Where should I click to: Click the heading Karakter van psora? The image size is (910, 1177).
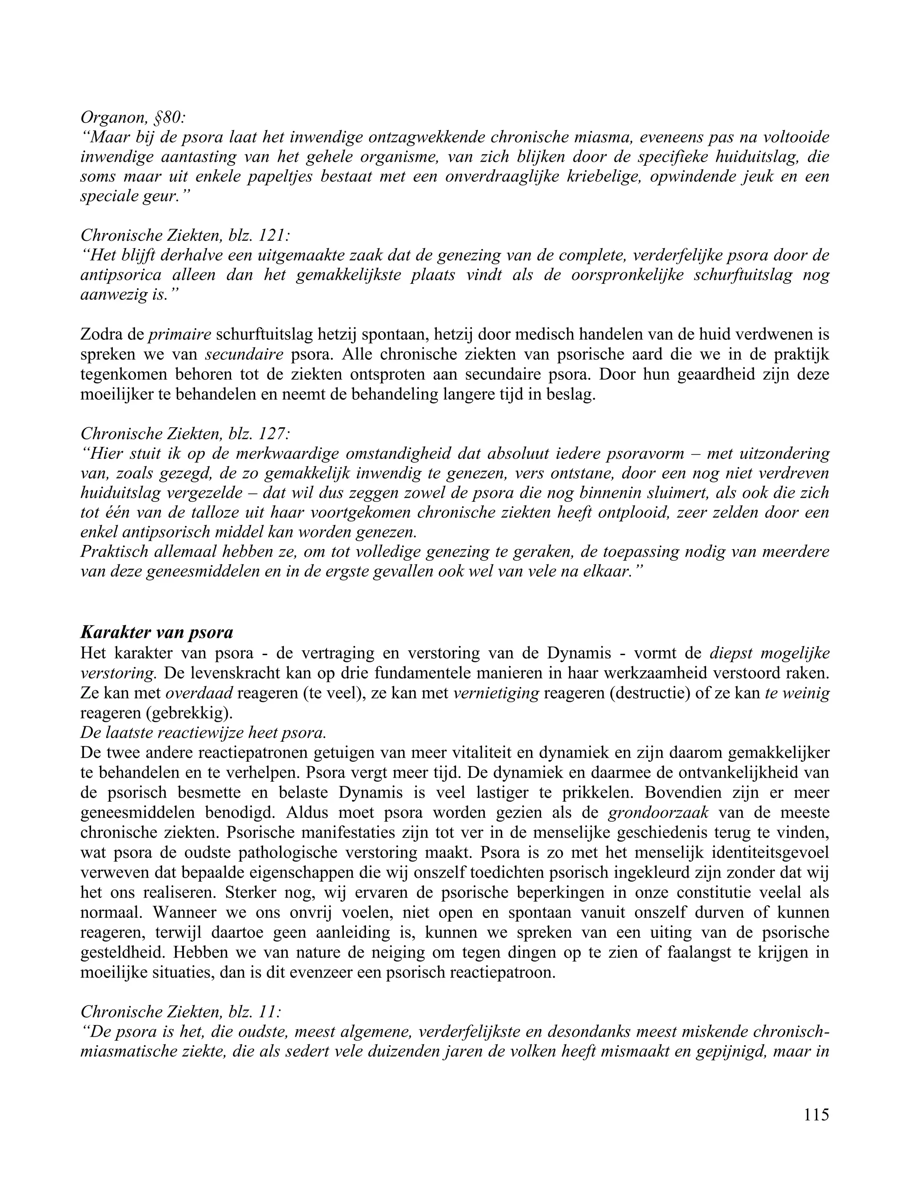click(x=156, y=632)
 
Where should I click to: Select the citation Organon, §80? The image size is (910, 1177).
click(x=132, y=116)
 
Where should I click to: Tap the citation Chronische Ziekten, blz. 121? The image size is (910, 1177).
click(x=186, y=235)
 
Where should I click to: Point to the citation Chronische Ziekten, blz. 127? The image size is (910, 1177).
click(x=186, y=433)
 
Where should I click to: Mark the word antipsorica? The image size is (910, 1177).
click(x=121, y=275)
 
